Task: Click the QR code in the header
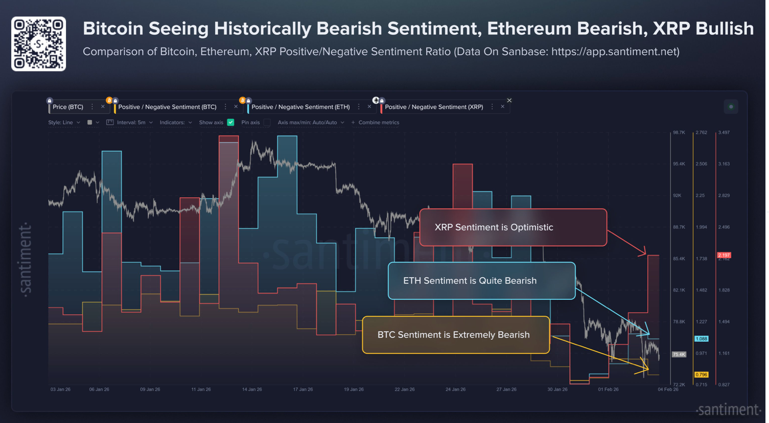pyautogui.click(x=39, y=44)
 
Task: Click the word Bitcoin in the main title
pyautogui.click(x=113, y=29)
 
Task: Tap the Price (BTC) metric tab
pyautogui.click(x=67, y=107)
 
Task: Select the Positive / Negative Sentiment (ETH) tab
pyautogui.click(x=300, y=107)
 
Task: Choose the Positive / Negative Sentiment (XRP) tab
pyautogui.click(x=434, y=107)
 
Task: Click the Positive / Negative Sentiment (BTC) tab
pyautogui.click(x=167, y=107)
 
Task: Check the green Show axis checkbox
pyautogui.click(x=230, y=123)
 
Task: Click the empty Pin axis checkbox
pyautogui.click(x=267, y=123)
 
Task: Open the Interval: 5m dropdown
pyautogui.click(x=131, y=123)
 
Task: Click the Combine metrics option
pyautogui.click(x=378, y=123)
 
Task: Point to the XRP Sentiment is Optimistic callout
pyautogui.click(x=513, y=227)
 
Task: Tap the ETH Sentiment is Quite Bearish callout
pyautogui.click(x=481, y=280)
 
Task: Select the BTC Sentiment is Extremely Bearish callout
pyautogui.click(x=456, y=335)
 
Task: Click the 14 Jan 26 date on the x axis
pyautogui.click(x=252, y=389)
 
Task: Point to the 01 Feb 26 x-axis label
pyautogui.click(x=608, y=389)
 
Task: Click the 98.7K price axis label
pyautogui.click(x=679, y=133)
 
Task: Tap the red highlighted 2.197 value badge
pyautogui.click(x=724, y=255)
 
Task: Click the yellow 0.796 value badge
pyautogui.click(x=701, y=374)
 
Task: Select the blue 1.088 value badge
pyautogui.click(x=701, y=339)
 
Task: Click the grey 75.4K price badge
pyautogui.click(x=679, y=355)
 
